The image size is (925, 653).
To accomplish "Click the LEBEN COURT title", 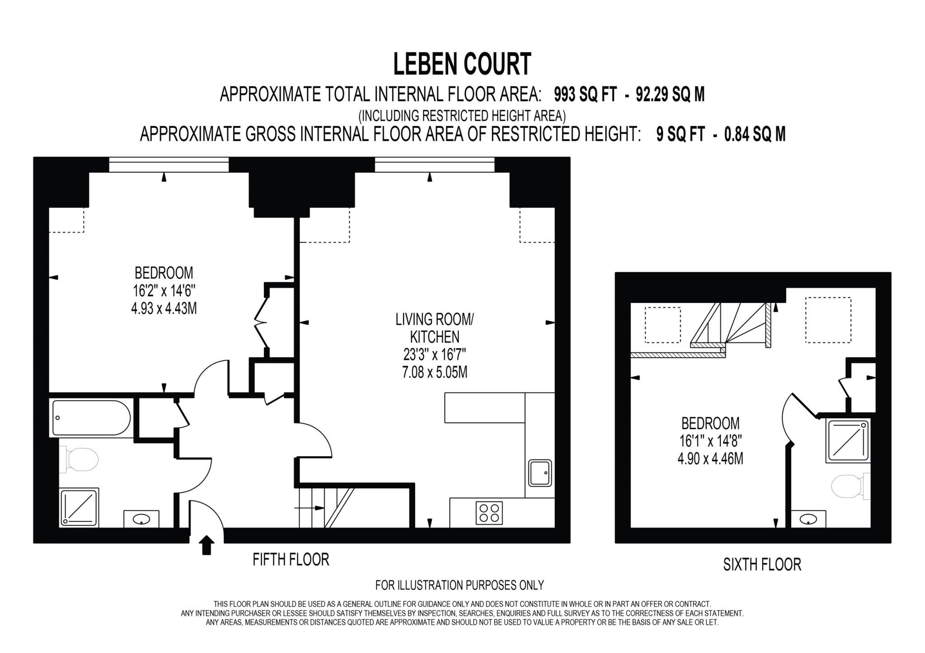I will click(x=462, y=64).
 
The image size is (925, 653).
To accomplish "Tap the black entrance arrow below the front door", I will click(x=206, y=545).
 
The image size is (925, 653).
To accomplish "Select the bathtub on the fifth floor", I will click(x=91, y=418).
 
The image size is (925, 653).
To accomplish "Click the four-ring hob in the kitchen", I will click(x=489, y=513).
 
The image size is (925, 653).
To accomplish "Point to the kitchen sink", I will click(x=540, y=473).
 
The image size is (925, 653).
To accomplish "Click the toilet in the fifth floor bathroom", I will click(x=81, y=460).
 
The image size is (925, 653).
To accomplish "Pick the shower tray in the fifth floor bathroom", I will click(x=79, y=507).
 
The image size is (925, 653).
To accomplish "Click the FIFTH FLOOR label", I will click(x=291, y=560).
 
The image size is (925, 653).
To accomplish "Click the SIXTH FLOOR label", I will click(x=762, y=564).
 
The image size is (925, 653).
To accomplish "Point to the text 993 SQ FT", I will click(x=585, y=95).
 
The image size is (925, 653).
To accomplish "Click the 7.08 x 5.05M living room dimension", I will click(x=434, y=373).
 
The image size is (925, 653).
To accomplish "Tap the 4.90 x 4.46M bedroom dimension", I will click(x=710, y=459).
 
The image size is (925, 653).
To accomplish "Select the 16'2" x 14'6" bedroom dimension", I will click(x=164, y=291).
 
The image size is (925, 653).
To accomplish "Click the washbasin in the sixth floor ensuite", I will click(x=808, y=519).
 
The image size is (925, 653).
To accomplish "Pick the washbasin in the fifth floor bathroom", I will click(x=141, y=519).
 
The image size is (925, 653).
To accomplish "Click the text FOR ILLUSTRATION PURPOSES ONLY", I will click(x=459, y=585).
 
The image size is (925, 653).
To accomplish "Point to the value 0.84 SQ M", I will click(x=755, y=135).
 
